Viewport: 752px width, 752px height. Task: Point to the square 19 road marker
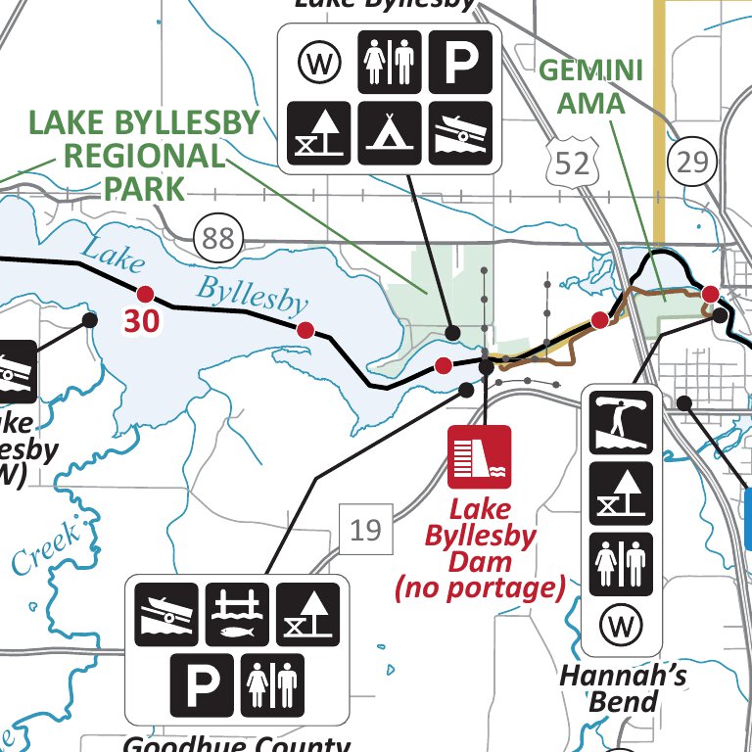[x=364, y=531]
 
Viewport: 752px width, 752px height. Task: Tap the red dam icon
[x=480, y=456]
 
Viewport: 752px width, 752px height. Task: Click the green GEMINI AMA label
[x=591, y=86]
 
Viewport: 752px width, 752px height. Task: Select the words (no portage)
[x=480, y=588]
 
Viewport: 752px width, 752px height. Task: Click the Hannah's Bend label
[x=623, y=687]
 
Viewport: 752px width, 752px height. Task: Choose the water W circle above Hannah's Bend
[x=622, y=623]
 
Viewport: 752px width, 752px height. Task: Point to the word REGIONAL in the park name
[x=145, y=155]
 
